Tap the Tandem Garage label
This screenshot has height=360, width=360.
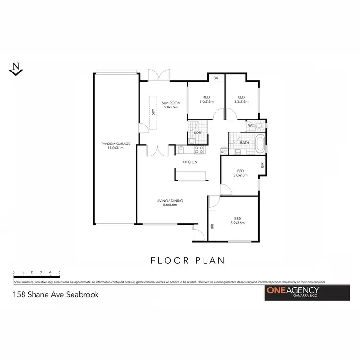[x=112, y=144]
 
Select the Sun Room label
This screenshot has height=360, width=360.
[x=170, y=103]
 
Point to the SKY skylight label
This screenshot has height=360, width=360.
[x=153, y=112]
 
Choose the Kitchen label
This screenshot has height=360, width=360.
[x=190, y=162]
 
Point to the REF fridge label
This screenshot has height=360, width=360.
[x=224, y=152]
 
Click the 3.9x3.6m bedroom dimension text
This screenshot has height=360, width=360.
[x=238, y=223]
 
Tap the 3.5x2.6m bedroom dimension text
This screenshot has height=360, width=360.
[x=241, y=102]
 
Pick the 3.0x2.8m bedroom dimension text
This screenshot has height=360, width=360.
[x=240, y=176]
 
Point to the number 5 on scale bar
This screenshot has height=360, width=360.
[x=59, y=272]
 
